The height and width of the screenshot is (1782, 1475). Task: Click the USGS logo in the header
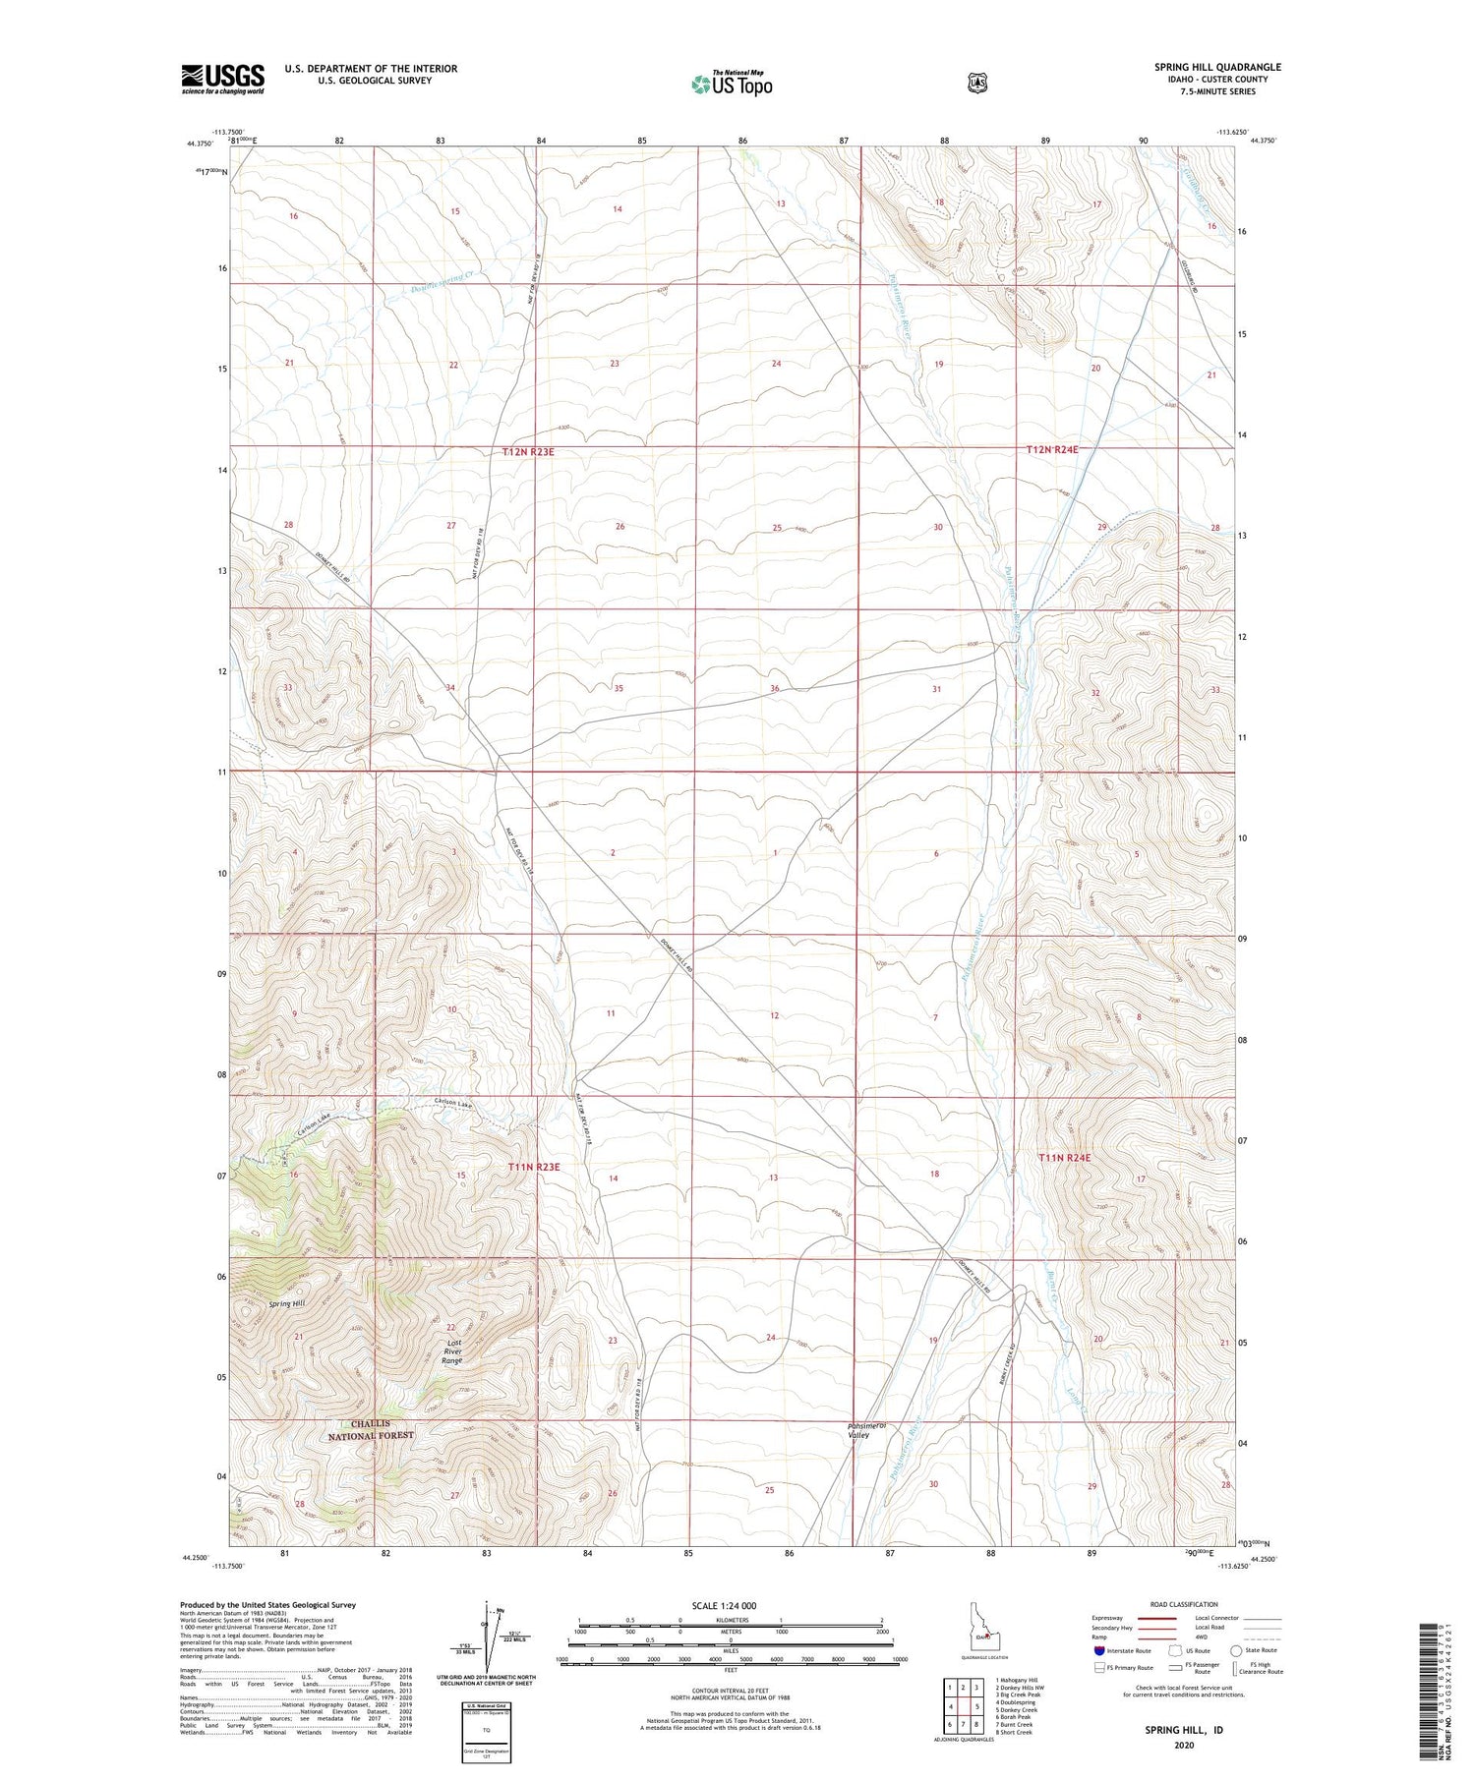coord(222,79)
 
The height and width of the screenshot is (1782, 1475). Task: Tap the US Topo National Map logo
coord(733,83)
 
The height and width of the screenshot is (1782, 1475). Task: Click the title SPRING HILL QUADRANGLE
coord(1217,67)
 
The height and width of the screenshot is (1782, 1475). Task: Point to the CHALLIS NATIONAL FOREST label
coord(371,1429)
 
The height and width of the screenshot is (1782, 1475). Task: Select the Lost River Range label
coord(452,1351)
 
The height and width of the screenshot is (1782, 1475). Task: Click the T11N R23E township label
coord(534,1167)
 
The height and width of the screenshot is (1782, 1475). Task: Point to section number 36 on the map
coord(775,688)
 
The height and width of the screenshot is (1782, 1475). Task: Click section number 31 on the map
coord(936,689)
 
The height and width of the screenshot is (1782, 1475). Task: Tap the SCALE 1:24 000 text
coord(724,1606)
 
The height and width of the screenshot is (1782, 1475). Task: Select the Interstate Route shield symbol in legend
coord(1098,1650)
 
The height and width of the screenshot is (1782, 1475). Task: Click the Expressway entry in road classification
coord(1106,1618)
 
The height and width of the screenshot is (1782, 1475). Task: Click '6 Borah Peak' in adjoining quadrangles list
coord(1019,1717)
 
